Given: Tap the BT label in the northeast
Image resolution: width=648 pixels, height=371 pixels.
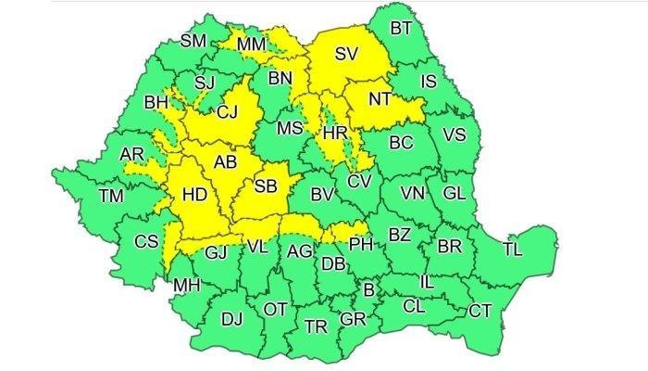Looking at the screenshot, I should click(x=401, y=29).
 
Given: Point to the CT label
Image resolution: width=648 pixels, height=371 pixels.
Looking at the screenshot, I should click(x=480, y=311).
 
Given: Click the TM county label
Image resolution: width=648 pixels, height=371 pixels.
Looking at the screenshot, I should click(x=112, y=196).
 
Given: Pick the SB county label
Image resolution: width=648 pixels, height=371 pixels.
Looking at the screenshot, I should click(x=266, y=187).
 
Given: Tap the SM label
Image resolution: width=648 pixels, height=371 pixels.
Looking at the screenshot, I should click(x=193, y=40).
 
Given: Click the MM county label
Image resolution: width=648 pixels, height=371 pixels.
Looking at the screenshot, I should click(x=252, y=45).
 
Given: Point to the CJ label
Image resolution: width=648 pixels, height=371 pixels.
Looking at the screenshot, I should click(x=227, y=114).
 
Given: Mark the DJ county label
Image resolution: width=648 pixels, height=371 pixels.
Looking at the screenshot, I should click(x=232, y=319).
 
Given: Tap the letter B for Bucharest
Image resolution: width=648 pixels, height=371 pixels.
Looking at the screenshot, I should click(x=368, y=291).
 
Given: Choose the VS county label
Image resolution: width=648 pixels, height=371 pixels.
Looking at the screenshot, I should click(x=455, y=135).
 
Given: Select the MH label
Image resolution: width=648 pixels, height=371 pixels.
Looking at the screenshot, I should click(x=186, y=285).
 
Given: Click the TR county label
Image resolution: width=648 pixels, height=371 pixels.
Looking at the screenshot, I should click(x=316, y=326).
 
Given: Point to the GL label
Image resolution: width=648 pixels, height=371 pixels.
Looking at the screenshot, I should click(x=454, y=193).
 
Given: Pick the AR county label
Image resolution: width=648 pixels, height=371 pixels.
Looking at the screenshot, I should click(x=131, y=153).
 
